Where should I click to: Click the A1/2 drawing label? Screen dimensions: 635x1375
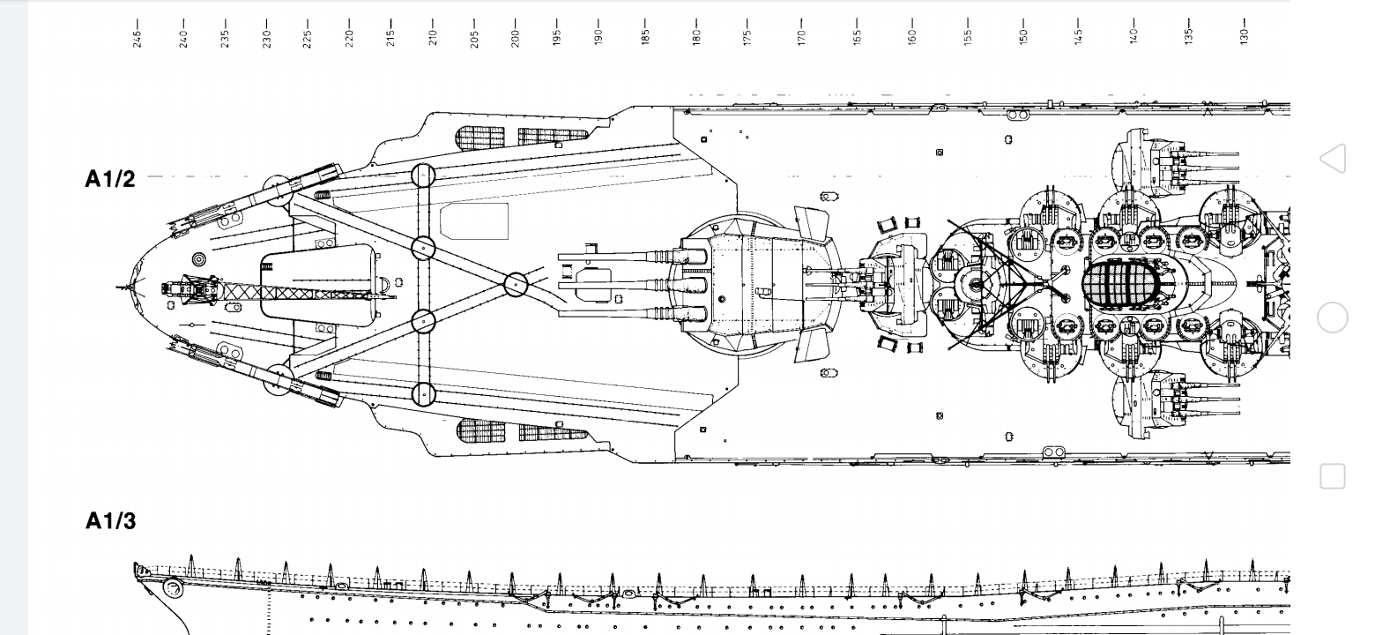pos(110,179)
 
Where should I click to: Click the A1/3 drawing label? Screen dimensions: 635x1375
pos(111,521)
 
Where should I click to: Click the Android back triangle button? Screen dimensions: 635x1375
pos(1333,159)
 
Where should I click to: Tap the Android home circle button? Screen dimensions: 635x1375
pos(1333,317)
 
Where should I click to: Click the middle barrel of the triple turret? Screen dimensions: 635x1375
pos(617,285)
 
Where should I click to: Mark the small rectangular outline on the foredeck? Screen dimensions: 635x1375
pos(474,221)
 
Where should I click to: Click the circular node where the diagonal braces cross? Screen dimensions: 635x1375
pos(516,284)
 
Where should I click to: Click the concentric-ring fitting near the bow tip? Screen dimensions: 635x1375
pos(198,259)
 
